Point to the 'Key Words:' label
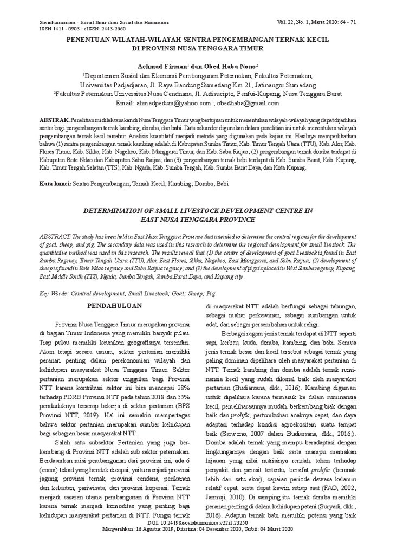(53, 293)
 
